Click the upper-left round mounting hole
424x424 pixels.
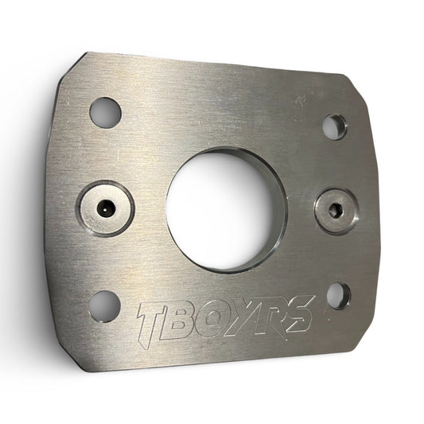click(105, 112)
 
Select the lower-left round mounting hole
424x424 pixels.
click(104, 306)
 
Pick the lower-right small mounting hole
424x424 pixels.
click(339, 296)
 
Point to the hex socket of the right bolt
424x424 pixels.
click(333, 211)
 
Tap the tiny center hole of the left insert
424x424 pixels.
click(104, 209)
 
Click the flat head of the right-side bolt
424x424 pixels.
click(334, 211)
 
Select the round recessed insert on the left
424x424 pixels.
click(105, 208)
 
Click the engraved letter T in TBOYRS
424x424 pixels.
click(153, 324)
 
